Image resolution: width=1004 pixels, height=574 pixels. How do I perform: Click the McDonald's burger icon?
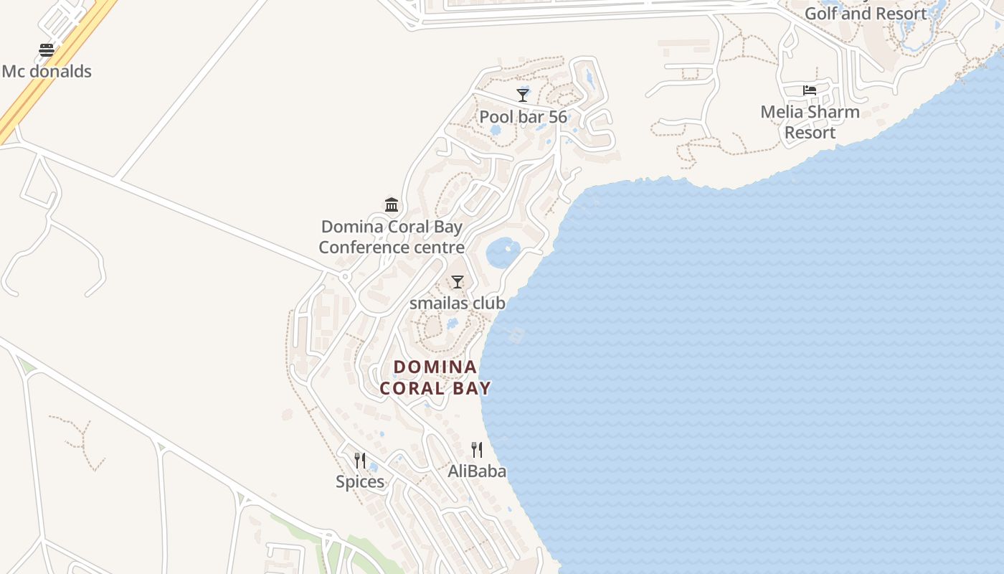tap(47, 50)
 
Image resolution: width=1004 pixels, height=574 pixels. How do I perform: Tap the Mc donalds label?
tap(47, 71)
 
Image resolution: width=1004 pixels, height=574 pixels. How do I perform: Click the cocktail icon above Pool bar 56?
tap(523, 95)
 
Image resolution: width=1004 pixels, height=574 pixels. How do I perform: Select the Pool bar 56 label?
tap(523, 116)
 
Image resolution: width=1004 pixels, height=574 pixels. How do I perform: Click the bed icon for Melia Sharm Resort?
tap(810, 90)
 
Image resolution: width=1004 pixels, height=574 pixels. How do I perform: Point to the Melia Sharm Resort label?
tap(810, 122)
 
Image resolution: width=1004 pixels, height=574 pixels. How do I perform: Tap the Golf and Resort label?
tap(866, 14)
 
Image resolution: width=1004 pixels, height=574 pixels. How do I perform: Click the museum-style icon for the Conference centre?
tap(392, 205)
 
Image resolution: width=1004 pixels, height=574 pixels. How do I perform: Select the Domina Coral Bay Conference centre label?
tap(392, 237)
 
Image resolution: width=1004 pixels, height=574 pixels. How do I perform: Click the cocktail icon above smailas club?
tap(458, 281)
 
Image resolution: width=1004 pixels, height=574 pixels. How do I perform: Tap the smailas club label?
tap(458, 303)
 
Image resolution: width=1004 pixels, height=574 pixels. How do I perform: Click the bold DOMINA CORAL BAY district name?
tap(435, 377)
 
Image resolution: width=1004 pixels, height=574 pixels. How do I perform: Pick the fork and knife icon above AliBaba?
tap(477, 450)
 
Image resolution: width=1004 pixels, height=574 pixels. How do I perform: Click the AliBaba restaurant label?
tap(477, 471)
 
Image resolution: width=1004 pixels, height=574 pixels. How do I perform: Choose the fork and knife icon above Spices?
tap(360, 460)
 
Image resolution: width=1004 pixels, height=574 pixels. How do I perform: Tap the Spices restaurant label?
tap(360, 481)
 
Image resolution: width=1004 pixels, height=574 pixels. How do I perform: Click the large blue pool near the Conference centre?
tap(503, 253)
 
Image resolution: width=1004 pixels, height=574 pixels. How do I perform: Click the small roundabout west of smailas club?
tap(345, 276)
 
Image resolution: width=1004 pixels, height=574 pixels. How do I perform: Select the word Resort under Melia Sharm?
tap(810, 133)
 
